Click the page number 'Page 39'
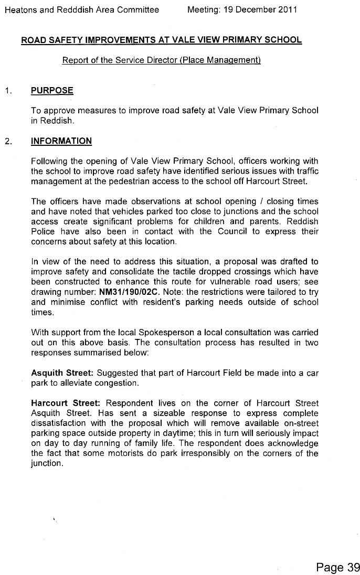tap(338, 567)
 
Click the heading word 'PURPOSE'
tap(52, 90)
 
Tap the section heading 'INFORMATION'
tap(61, 141)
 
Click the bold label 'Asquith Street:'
tap(61, 372)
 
